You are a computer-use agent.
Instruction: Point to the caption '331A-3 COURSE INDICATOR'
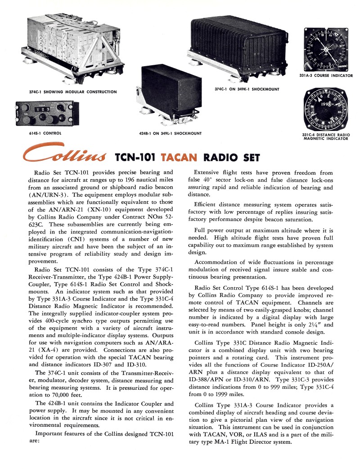pos(326,76)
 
